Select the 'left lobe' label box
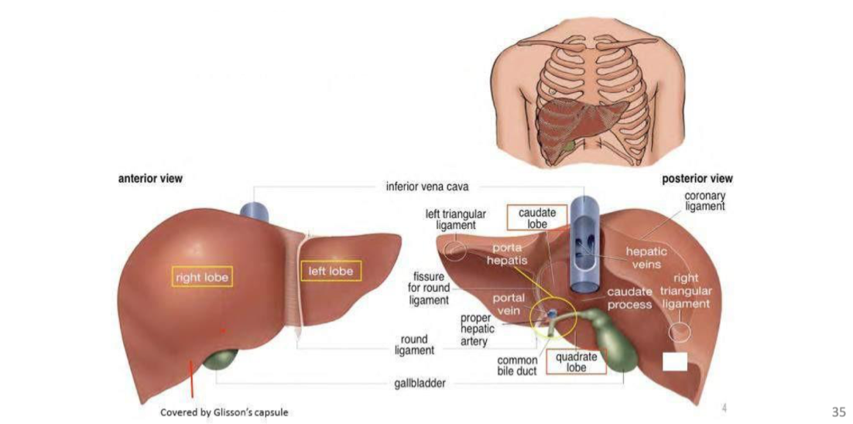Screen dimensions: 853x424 [331, 272]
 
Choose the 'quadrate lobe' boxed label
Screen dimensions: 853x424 [576, 362]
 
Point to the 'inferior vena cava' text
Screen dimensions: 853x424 [427, 186]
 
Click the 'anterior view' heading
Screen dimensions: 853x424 [150, 179]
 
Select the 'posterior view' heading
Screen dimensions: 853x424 [697, 179]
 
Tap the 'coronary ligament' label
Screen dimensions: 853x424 [704, 201]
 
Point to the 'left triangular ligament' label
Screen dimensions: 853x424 [456, 219]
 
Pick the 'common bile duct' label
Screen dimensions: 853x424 [517, 365]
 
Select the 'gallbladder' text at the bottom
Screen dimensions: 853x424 [420, 384]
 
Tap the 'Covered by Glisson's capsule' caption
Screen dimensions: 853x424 [224, 412]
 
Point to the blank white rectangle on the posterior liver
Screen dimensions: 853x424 [675, 361]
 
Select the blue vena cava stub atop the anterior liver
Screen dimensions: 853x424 [255, 210]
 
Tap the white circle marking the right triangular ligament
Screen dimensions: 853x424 [680, 332]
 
